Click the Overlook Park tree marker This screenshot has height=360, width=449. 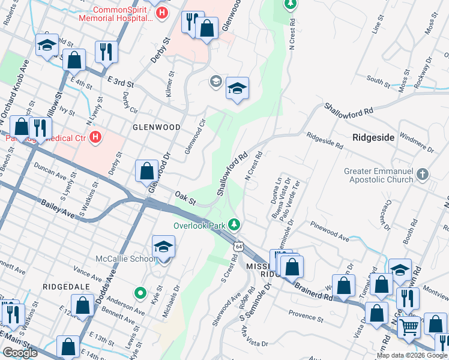[x=235, y=226]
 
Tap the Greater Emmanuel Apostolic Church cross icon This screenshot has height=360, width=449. [x=423, y=175]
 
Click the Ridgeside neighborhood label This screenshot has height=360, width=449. [x=373, y=137]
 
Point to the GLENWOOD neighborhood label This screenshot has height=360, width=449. [x=157, y=127]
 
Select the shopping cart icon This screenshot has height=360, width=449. [x=410, y=328]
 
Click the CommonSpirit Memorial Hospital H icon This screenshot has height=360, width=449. [x=161, y=13]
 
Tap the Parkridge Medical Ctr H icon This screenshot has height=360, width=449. [x=94, y=139]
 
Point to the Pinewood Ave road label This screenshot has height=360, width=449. [x=330, y=231]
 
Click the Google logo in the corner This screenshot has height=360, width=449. [x=20, y=353]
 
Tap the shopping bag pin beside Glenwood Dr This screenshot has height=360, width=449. [x=146, y=172]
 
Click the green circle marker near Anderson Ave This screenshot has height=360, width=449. [x=140, y=293]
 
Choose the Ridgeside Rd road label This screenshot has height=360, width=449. [x=324, y=141]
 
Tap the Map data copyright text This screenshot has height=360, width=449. [x=412, y=355]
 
